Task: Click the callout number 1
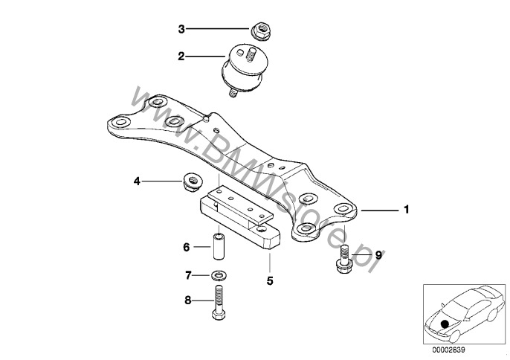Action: tap(406, 209)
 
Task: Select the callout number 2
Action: tap(181, 57)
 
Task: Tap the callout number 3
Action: tap(181, 29)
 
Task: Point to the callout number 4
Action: tap(137, 181)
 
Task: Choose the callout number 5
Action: tap(270, 281)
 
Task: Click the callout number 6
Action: tap(187, 248)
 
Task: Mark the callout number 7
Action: tap(188, 276)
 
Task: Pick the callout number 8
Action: tap(187, 300)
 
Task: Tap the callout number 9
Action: tap(378, 255)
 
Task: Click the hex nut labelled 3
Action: tap(261, 31)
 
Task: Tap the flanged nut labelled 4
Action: tap(193, 182)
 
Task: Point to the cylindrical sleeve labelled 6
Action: tap(219, 246)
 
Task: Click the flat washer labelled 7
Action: tap(219, 276)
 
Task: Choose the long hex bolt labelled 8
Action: tap(219, 302)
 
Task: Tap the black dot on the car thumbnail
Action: tap(445, 324)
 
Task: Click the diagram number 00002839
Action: tap(448, 350)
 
